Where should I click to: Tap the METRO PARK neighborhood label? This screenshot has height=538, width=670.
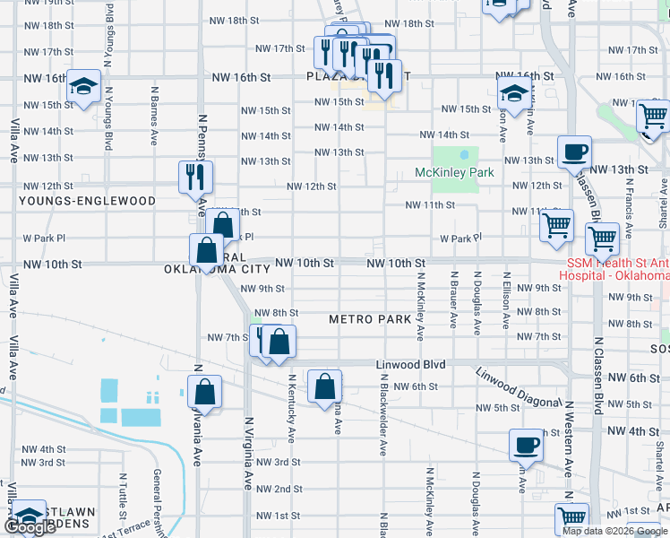370,319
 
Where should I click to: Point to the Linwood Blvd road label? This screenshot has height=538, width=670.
409,364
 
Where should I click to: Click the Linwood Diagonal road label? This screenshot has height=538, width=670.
508,384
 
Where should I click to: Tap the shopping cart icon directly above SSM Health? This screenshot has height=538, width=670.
602,239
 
